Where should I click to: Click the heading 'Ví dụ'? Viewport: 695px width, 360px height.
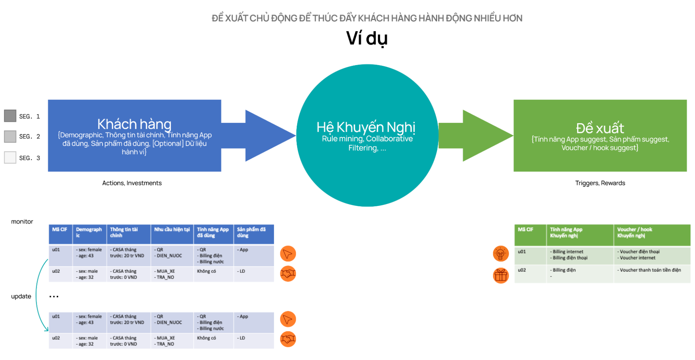click(367, 38)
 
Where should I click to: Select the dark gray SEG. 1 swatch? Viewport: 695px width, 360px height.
click(10, 116)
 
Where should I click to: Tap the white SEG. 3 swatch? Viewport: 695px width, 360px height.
click(10, 158)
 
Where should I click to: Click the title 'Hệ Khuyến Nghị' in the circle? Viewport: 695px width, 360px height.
click(366, 127)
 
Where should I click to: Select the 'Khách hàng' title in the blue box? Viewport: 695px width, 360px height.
click(134, 124)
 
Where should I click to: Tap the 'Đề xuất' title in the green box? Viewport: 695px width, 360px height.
click(600, 128)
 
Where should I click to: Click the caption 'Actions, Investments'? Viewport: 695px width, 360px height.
click(132, 183)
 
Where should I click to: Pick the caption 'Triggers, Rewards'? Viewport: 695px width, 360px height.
click(600, 183)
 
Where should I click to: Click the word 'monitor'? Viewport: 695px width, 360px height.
click(22, 222)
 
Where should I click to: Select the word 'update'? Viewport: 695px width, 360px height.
click(21, 296)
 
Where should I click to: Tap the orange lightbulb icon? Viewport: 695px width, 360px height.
click(500, 254)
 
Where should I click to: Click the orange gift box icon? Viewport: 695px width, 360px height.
click(500, 276)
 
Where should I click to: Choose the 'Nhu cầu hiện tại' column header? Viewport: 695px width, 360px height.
click(172, 230)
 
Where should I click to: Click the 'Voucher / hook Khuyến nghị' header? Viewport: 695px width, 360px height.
click(634, 233)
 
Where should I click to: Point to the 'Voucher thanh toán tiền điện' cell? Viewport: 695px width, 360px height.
click(650, 270)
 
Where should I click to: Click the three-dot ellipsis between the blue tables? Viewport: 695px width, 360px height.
click(54, 297)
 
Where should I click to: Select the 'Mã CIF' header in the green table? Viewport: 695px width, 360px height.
click(525, 230)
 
